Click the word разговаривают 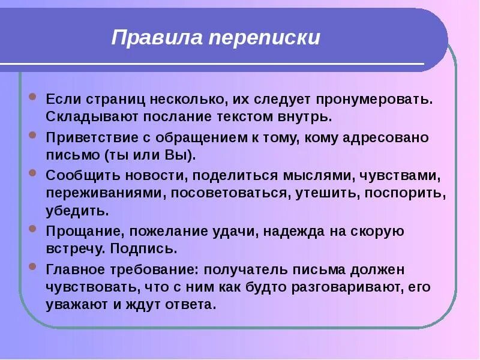point(343,287)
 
